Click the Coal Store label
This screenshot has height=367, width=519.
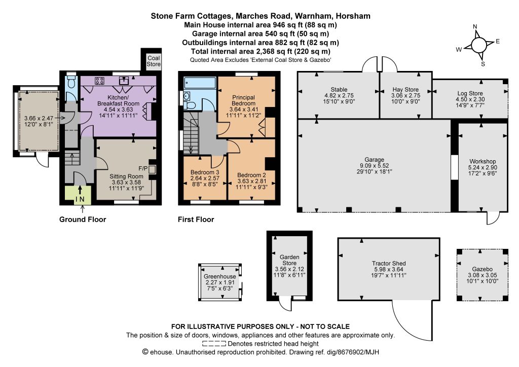(x=154, y=61)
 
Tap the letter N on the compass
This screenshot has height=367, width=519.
(x=475, y=26)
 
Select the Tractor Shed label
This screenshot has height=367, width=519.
(x=389, y=264)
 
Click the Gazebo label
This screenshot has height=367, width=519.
(x=483, y=269)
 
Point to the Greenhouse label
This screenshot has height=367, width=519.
(x=220, y=276)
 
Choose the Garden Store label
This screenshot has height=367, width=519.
(x=289, y=260)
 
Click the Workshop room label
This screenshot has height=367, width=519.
(x=483, y=161)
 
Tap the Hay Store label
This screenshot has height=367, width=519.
(x=405, y=89)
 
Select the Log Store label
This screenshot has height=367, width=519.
(x=470, y=93)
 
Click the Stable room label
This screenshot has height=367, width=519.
(x=339, y=89)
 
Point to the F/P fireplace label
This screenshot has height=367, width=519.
(x=143, y=168)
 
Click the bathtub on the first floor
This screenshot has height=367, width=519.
(x=200, y=83)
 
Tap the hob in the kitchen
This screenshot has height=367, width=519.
(x=100, y=81)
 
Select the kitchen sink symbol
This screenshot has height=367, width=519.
(x=124, y=80)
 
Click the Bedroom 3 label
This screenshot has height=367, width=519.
(x=205, y=172)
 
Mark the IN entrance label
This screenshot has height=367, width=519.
(x=80, y=199)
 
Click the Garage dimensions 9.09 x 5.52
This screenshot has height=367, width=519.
(x=375, y=165)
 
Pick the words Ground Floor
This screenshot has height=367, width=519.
(x=83, y=219)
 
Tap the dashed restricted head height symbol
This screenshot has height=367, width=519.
(x=214, y=344)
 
